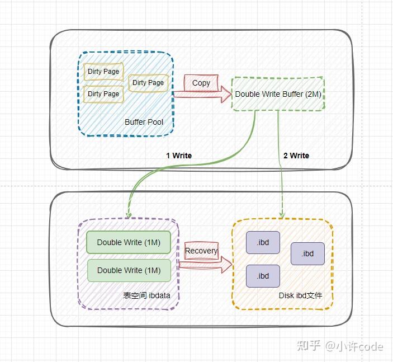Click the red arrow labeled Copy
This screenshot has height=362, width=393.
(201, 90)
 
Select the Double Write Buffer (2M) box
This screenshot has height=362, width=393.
(278, 94)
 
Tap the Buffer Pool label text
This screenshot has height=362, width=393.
(143, 122)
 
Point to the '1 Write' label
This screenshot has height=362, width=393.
(179, 156)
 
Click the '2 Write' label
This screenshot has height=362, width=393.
(296, 156)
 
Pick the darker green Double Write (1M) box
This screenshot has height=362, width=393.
(129, 242)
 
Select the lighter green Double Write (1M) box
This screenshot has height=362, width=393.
(129, 270)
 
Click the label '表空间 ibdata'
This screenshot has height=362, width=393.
(146, 295)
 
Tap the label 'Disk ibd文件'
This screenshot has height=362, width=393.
(300, 295)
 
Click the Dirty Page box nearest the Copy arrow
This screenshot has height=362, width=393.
(148, 83)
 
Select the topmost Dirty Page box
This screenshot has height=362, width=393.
(103, 72)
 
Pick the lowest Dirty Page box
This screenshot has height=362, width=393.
(103, 94)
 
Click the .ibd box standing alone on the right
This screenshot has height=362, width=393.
(307, 253)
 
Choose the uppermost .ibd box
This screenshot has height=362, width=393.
(263, 242)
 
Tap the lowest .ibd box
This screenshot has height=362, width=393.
(263, 276)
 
